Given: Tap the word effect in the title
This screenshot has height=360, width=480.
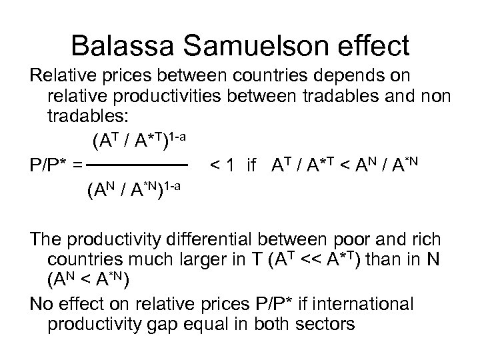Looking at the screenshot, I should point(375,45).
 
